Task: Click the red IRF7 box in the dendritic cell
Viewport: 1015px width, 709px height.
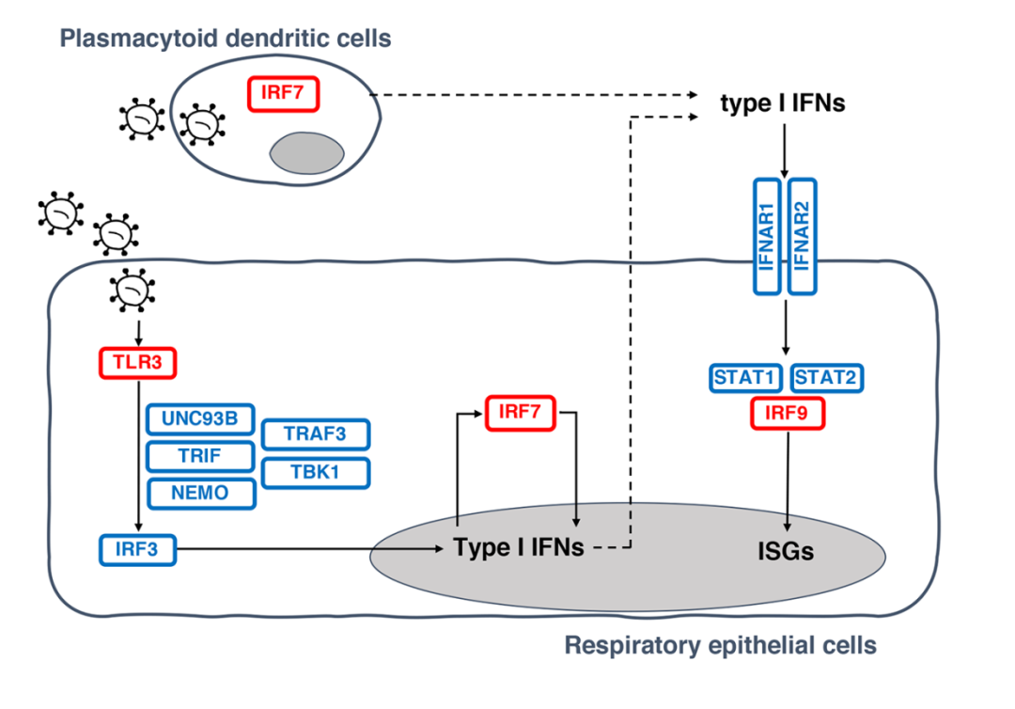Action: [284, 93]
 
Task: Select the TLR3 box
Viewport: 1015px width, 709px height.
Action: [138, 362]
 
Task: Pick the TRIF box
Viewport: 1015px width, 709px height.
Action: [200, 456]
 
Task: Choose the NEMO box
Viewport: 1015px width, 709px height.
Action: [200, 492]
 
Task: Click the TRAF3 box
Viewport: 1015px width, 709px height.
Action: [316, 433]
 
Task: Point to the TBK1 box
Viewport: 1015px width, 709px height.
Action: [316, 473]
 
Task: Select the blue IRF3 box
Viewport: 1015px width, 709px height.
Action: [138, 549]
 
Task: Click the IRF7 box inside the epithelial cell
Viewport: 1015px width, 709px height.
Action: [521, 413]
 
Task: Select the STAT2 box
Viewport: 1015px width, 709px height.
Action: [827, 378]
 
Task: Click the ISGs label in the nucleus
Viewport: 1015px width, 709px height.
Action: [786, 551]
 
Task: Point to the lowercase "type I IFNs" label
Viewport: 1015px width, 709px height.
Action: [783, 102]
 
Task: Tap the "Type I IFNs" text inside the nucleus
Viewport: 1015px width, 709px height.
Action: [519, 547]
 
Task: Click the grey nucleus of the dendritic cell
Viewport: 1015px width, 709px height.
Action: [308, 151]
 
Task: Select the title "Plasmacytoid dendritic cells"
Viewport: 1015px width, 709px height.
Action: [226, 39]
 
